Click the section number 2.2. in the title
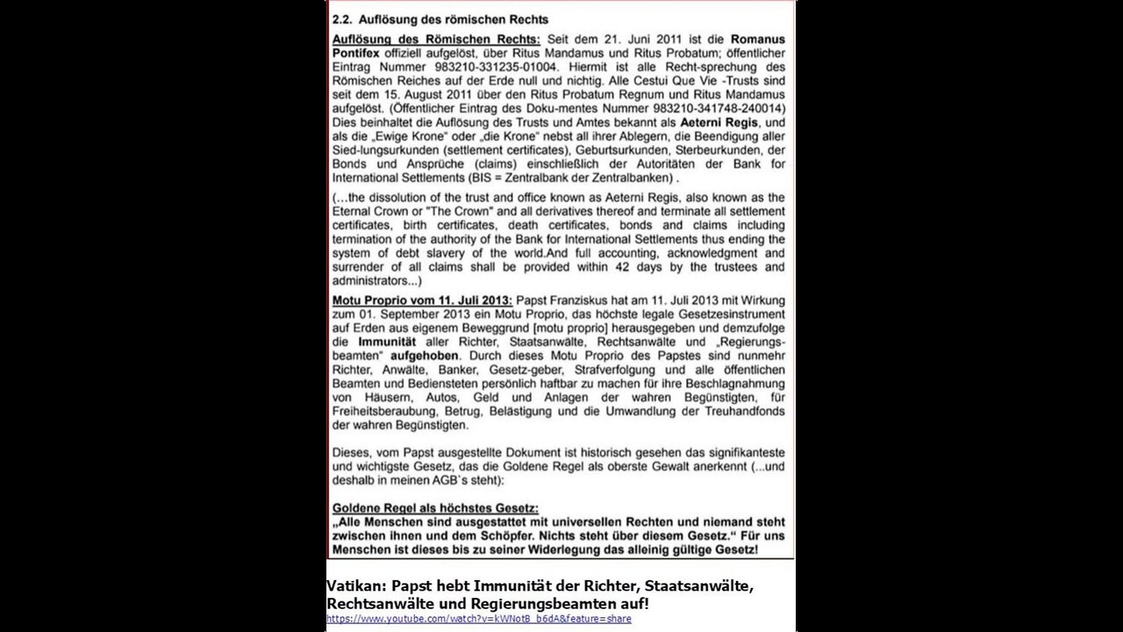[x=343, y=19]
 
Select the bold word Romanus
[x=758, y=40]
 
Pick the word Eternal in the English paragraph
[x=358, y=212]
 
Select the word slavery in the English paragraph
[x=425, y=254]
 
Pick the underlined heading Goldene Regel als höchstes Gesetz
[x=435, y=508]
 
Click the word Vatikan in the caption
[x=354, y=585]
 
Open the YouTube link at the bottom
[x=478, y=619]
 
